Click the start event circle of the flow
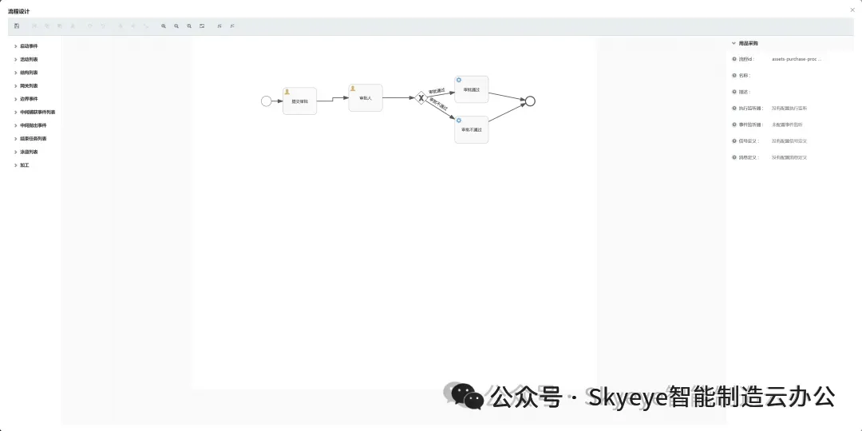[267, 101]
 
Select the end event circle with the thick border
[530, 101]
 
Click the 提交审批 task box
[300, 103]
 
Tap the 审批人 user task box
[366, 99]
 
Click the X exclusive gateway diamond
[421, 97]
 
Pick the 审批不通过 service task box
[472, 131]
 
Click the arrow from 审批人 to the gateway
[399, 97]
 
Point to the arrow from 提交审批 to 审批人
[333, 100]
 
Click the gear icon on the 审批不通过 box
[459, 121]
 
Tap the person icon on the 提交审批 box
[287, 92]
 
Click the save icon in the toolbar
[17, 26]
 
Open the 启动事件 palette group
[29, 46]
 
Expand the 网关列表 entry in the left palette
[29, 85]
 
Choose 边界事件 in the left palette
[29, 99]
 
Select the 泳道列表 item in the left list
[29, 152]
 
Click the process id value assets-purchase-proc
[796, 59]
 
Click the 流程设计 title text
[19, 11]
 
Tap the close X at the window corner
[852, 9]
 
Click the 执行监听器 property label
[750, 109]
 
